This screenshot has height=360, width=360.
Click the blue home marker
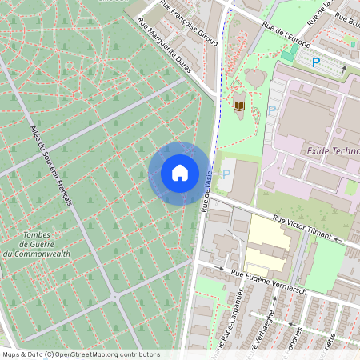[x=179, y=173]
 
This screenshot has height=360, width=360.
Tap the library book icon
[x=239, y=105]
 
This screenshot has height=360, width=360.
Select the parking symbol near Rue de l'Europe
[x=316, y=62]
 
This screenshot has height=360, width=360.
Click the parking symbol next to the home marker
[x=226, y=174]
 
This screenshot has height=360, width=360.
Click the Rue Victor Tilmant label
[x=303, y=228]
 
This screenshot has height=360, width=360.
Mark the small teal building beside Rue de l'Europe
[x=288, y=55]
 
